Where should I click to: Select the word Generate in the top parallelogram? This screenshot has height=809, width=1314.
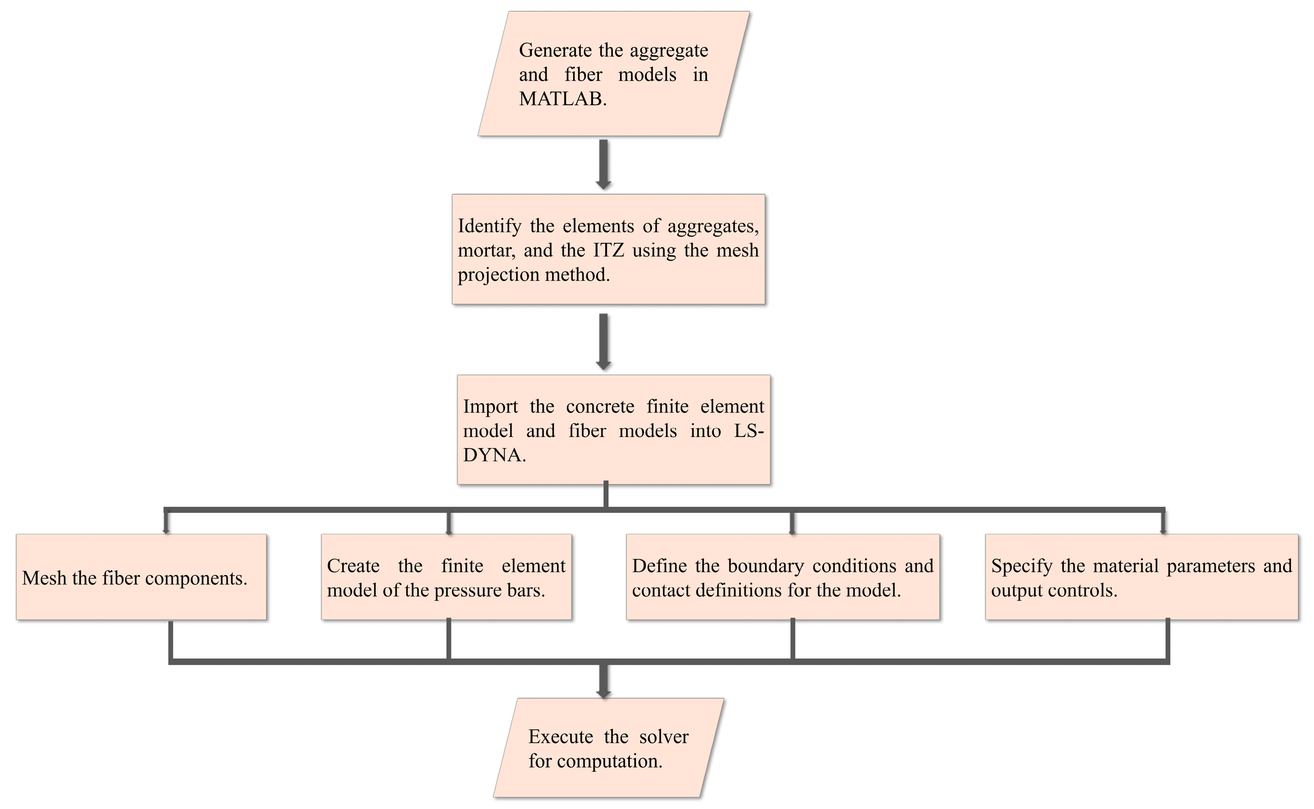pos(555,51)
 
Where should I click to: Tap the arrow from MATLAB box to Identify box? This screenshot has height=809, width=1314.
pos(604,164)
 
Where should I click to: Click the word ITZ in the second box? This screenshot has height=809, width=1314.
pos(608,250)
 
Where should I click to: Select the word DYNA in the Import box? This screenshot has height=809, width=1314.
pos(492,455)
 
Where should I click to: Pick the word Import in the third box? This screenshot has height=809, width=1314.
pos(490,407)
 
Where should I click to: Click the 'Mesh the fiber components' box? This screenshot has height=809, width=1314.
pos(141,577)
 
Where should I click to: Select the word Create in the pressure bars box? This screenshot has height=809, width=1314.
pos(353,566)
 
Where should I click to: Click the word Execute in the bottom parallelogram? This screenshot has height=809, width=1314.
pos(560,737)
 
